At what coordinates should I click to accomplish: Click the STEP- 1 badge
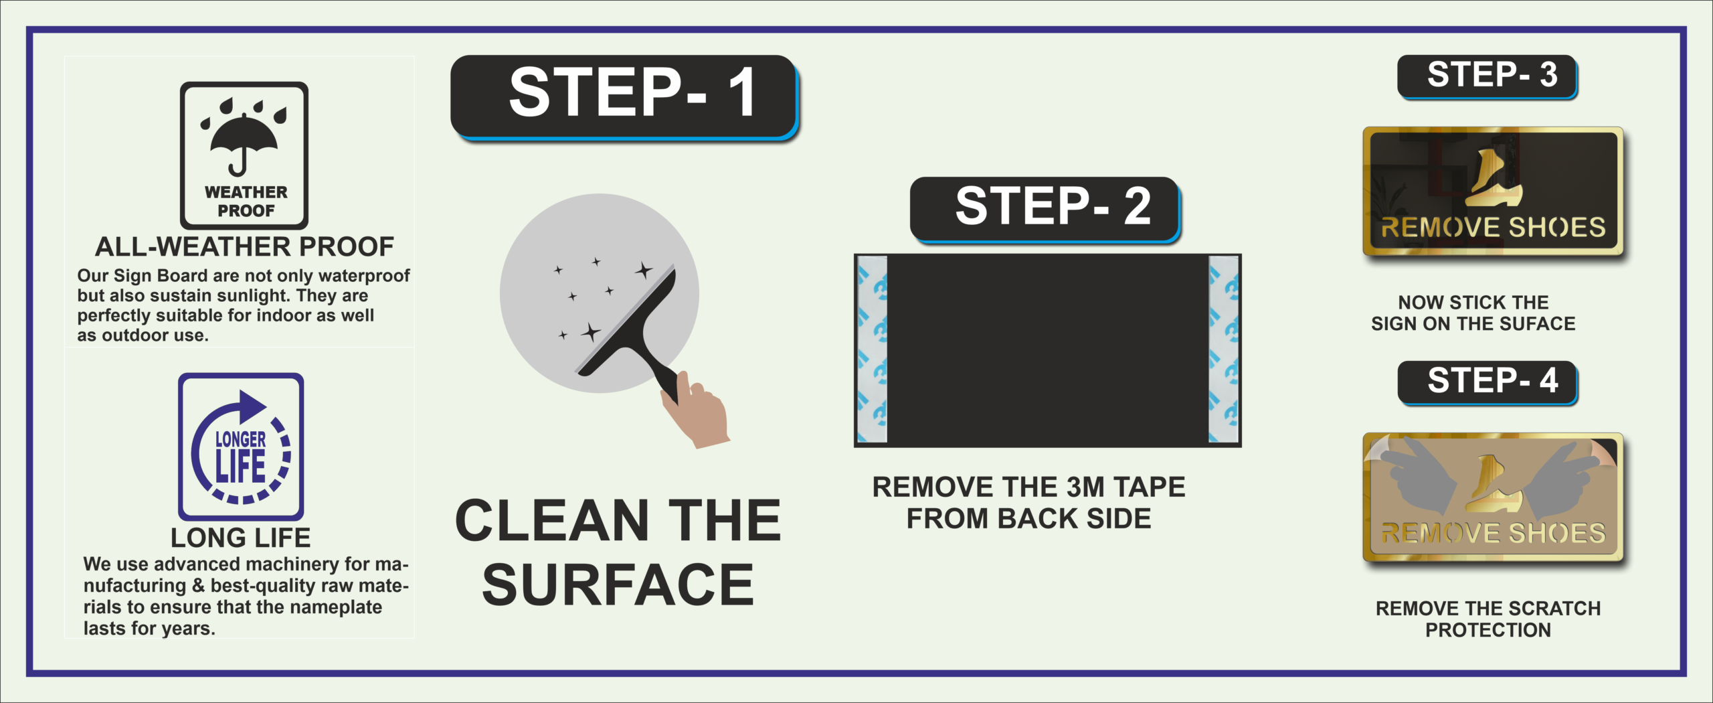(x=624, y=97)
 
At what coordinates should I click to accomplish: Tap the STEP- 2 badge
(x=1045, y=208)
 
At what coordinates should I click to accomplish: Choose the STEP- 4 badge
(x=1487, y=382)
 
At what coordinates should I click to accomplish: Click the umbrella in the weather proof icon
(x=244, y=143)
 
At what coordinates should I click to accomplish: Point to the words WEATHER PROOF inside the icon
(x=246, y=201)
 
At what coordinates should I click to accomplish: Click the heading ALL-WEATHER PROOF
(x=244, y=246)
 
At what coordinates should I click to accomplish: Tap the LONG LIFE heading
(x=240, y=538)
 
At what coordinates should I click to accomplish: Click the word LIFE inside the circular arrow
(x=240, y=467)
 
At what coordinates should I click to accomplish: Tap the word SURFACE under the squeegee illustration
(x=618, y=584)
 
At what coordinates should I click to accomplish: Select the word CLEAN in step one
(x=552, y=520)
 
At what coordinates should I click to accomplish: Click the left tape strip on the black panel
(x=872, y=349)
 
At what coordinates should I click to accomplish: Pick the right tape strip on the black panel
(x=1223, y=349)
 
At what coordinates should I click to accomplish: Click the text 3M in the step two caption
(x=1085, y=487)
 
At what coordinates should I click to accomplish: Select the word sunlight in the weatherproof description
(x=250, y=296)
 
